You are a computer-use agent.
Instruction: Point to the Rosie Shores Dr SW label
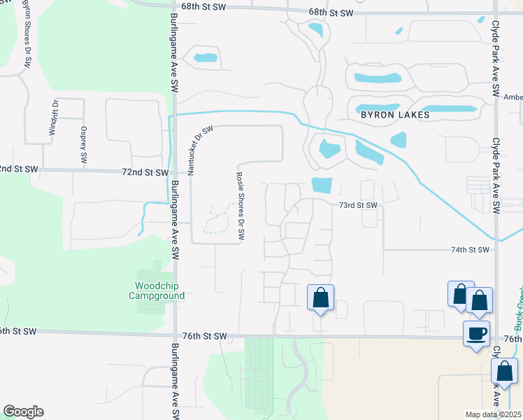pos(240,207)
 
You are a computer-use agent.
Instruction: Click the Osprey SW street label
pos(84,146)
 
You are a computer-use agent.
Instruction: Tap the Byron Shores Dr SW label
pos(26,35)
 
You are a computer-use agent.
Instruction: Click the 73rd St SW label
pos(358,205)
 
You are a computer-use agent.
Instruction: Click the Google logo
pos(23,412)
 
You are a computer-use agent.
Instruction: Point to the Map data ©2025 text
pos(492,414)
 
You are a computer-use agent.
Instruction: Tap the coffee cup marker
pos(476,332)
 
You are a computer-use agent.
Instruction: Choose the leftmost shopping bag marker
pos(320,297)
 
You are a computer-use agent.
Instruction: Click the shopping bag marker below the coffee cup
pos(505,370)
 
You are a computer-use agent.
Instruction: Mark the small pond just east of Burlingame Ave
pos(205,58)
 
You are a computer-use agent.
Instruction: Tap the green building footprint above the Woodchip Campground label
pos(148,274)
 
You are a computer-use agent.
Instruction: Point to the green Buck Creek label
pos(519,309)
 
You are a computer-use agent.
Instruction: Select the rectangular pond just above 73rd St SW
pos(321,185)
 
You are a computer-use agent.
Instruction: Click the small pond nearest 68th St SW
pos(315,30)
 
